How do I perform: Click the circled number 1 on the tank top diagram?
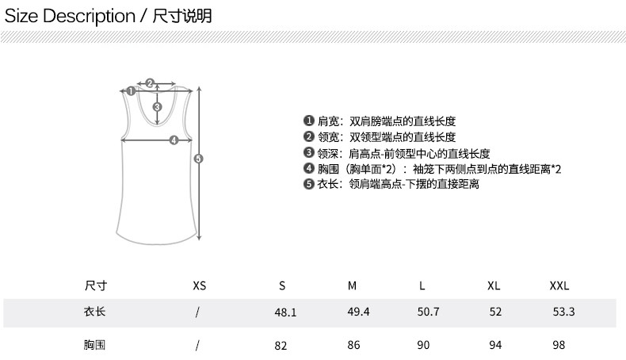131,91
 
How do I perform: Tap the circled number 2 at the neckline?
149,82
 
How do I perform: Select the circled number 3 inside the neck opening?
157,108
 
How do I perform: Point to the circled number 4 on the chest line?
174,141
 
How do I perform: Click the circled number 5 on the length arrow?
199,159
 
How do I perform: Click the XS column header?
199,286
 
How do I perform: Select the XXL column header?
559,286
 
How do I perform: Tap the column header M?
353,286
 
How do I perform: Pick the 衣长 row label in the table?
95,312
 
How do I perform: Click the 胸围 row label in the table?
95,346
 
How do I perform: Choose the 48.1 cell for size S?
285,312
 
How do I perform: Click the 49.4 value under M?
359,312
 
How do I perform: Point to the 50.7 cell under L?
428,312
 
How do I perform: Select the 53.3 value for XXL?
563,312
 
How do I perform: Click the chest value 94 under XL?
495,346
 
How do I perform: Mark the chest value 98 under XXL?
559,346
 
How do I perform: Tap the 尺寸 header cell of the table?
95,286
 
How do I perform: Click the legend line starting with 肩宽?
380,121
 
